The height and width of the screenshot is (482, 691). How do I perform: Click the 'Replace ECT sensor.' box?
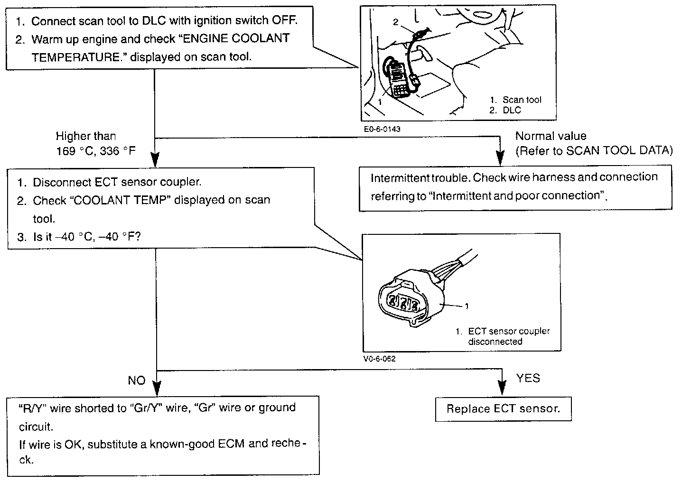[x=503, y=409]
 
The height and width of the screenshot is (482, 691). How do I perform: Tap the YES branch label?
[x=528, y=378]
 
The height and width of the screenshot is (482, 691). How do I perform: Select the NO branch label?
[x=136, y=380]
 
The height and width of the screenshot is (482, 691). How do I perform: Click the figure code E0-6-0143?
[x=382, y=129]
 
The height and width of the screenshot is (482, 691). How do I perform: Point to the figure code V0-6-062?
[x=380, y=359]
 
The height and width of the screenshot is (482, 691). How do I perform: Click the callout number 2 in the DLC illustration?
[x=395, y=22]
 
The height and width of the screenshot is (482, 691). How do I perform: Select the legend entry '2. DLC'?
[x=505, y=110]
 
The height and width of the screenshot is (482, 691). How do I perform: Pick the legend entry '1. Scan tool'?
[x=515, y=100]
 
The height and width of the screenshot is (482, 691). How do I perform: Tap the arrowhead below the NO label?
[x=157, y=389]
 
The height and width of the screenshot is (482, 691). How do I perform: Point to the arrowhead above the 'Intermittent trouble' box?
[x=500, y=158]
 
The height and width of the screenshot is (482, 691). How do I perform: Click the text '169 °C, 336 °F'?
[x=96, y=151]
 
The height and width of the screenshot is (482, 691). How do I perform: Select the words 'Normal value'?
[x=551, y=136]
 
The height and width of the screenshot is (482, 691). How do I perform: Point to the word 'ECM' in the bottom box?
[x=231, y=444]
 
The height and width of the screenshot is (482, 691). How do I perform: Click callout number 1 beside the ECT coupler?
[x=467, y=306]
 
